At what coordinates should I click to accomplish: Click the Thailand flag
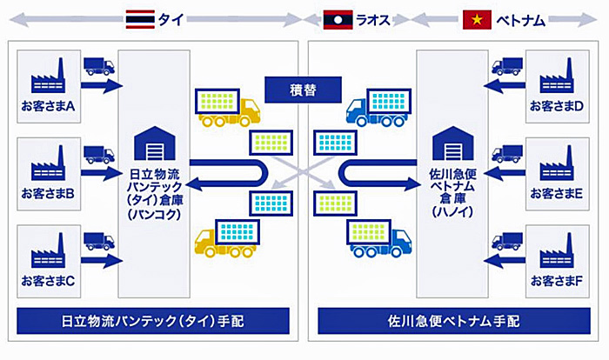pos(140,19)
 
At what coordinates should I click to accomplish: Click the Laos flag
pos(338,20)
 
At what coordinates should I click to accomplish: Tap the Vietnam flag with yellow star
pos(477,20)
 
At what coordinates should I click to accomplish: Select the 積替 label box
pos(303,90)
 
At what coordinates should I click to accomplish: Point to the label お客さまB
pos(48,193)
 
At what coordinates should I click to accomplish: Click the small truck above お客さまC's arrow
pos(99,241)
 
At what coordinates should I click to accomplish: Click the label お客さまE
pos(557,193)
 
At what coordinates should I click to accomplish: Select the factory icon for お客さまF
pos(557,250)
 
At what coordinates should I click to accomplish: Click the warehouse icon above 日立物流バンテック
pos(155,143)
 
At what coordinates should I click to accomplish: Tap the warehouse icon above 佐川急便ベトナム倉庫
pos(453,143)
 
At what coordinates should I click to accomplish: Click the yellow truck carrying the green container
pos(228,108)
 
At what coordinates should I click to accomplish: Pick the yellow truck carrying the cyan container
pos(227,238)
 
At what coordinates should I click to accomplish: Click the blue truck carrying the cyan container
pos(378,108)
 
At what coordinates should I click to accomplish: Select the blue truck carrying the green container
pos(379,238)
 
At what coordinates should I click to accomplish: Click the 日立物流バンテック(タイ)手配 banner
pos(153,321)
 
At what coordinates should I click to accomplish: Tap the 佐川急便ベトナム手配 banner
pos(454,321)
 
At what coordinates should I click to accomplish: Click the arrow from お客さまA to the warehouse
pos(102,86)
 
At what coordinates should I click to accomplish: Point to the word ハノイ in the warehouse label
pos(453,211)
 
